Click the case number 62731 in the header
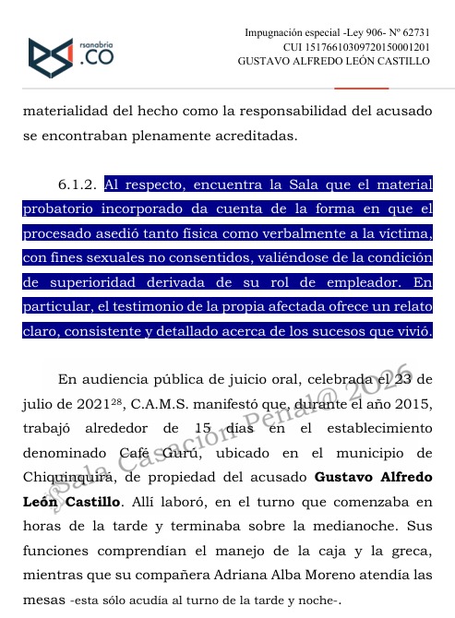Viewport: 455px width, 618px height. click(x=414, y=33)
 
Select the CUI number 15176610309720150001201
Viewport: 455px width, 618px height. click(x=370, y=47)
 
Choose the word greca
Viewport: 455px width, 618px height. click(x=413, y=552)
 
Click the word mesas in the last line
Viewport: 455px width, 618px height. click(x=43, y=600)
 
